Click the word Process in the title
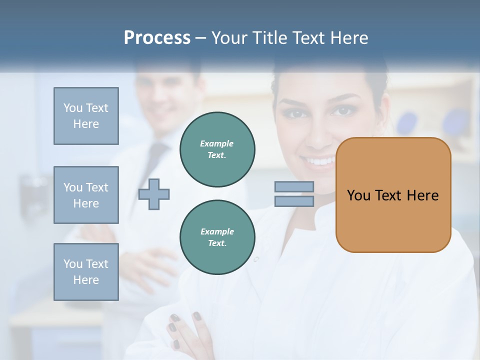(157, 38)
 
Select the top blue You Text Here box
(86, 116)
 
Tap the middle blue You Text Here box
(86, 195)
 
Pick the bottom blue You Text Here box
(86, 272)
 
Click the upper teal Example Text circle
(217, 149)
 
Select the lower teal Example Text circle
(217, 237)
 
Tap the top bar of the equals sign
(294, 187)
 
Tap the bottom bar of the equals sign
(294, 201)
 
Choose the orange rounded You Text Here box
(393, 195)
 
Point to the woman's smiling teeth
(320, 161)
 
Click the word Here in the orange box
(422, 195)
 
